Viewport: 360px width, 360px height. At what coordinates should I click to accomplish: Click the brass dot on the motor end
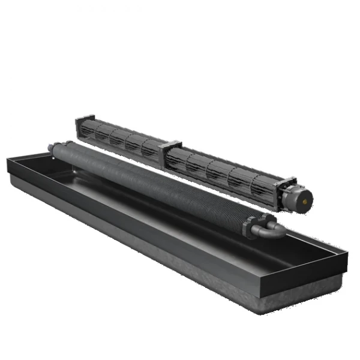308,196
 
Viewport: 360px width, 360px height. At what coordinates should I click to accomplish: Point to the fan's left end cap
79,126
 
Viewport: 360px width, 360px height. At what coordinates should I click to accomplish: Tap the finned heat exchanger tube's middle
156,186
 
